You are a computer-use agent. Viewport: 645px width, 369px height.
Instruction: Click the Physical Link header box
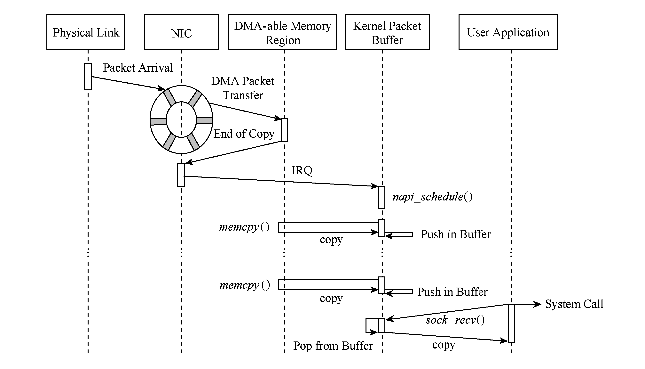pyautogui.click(x=86, y=32)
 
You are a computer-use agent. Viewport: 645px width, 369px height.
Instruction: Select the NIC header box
pyautogui.click(x=181, y=32)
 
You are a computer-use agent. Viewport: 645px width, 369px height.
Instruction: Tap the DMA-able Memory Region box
pyautogui.click(x=282, y=32)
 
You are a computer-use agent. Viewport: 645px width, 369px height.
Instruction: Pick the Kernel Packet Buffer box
pyautogui.click(x=387, y=32)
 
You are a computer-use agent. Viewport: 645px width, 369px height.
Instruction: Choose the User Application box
pyautogui.click(x=508, y=32)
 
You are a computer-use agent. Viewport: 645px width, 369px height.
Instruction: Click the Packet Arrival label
pyautogui.click(x=138, y=68)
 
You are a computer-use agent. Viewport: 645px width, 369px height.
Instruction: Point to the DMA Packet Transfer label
pyautogui.click(x=243, y=88)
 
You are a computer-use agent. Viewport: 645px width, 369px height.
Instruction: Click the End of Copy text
pyautogui.click(x=244, y=134)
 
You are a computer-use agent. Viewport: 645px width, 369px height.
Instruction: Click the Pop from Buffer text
pyautogui.click(x=333, y=346)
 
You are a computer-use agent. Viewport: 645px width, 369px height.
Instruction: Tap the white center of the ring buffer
pyautogui.click(x=181, y=120)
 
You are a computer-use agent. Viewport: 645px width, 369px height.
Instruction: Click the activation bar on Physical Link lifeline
pyautogui.click(x=88, y=77)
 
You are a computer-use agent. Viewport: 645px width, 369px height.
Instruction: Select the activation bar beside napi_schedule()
pyautogui.click(x=381, y=197)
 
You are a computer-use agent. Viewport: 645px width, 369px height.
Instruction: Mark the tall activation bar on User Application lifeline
pyautogui.click(x=511, y=323)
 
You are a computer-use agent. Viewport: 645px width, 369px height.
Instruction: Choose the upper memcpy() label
pyautogui.click(x=244, y=227)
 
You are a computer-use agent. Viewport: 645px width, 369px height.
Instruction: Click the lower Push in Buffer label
pyautogui.click(x=452, y=292)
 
